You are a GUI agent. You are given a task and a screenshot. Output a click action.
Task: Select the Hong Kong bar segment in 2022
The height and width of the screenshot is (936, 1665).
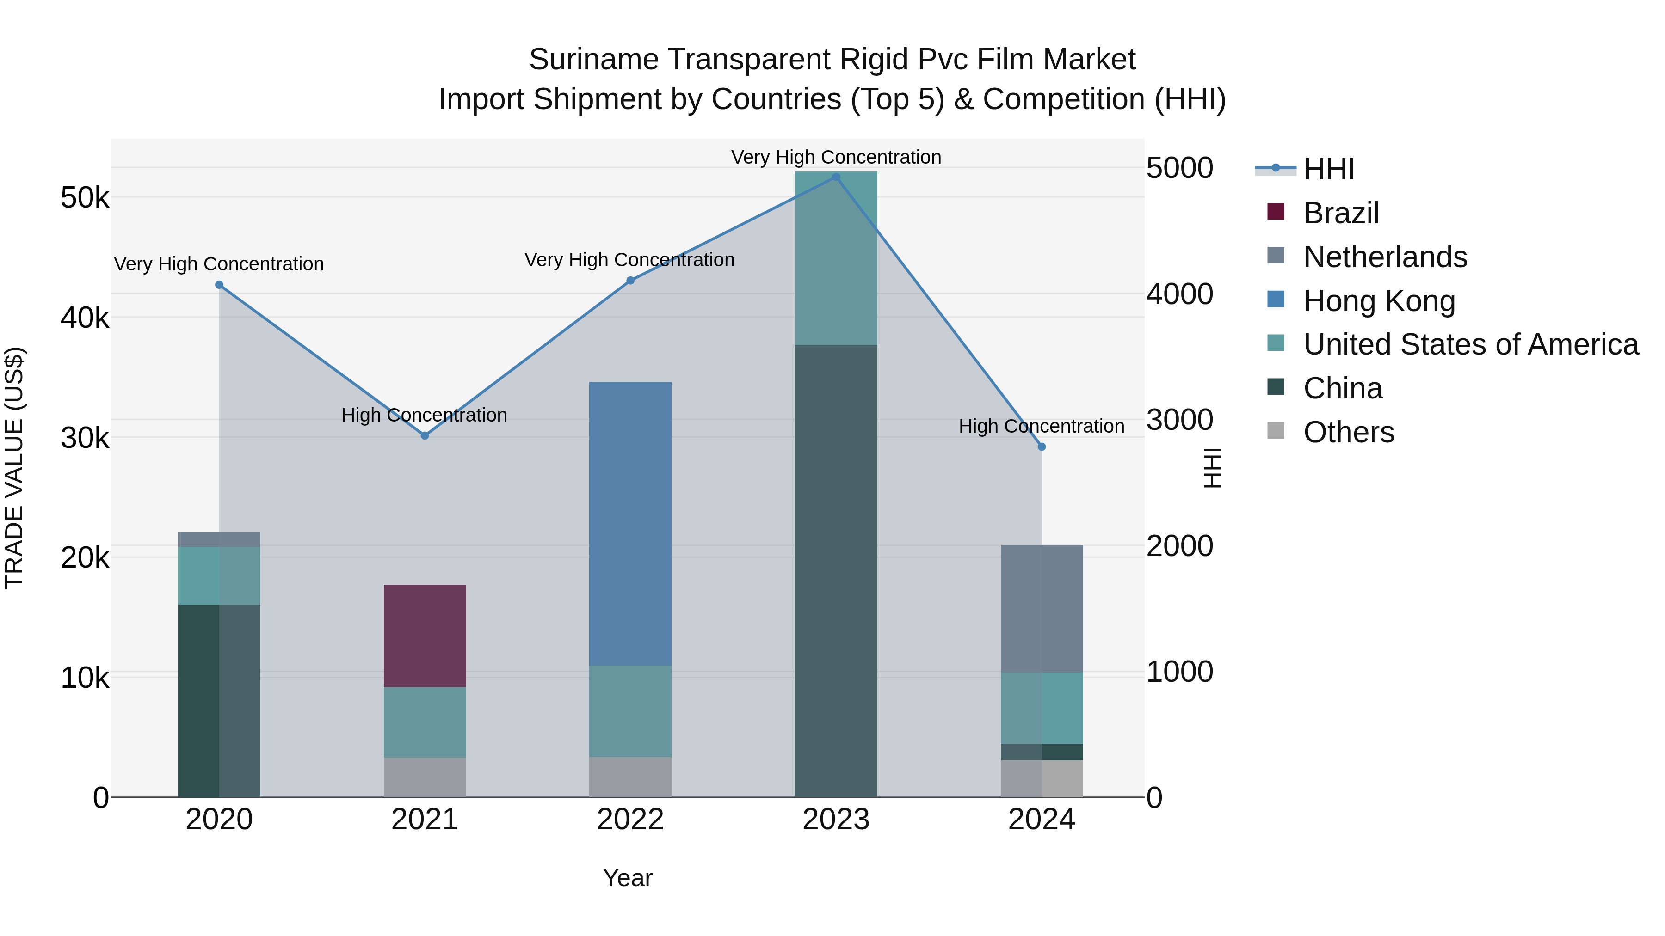(630, 523)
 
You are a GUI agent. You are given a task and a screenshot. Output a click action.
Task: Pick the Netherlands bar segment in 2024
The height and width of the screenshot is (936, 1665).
(1041, 608)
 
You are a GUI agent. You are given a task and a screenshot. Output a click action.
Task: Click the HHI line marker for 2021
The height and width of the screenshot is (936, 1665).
(425, 436)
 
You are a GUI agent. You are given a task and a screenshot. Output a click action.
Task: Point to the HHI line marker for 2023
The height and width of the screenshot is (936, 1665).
(836, 177)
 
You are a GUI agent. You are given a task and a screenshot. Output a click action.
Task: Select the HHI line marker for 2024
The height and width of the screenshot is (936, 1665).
(1041, 447)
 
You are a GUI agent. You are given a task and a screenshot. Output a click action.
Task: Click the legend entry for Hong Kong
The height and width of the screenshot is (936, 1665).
(1379, 301)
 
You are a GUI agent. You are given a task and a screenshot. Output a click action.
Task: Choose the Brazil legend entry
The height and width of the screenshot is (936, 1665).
(1341, 213)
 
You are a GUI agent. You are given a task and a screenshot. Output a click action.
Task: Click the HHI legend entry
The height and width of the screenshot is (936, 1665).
(1328, 169)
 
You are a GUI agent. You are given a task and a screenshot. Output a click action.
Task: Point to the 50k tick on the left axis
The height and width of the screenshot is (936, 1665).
(85, 198)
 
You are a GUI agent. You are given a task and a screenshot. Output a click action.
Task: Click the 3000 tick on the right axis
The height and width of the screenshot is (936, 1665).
(1179, 420)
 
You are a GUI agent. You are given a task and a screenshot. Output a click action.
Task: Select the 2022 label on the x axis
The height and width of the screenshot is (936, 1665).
(630, 820)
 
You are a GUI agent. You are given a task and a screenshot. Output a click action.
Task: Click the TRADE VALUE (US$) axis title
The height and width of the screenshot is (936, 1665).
(14, 468)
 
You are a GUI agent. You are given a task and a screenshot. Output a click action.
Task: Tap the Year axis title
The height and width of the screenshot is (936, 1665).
(628, 878)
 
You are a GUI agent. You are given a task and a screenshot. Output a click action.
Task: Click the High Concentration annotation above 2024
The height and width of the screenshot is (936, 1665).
(1041, 426)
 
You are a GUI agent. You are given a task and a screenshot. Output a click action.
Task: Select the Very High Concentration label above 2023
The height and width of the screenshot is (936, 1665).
(836, 157)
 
